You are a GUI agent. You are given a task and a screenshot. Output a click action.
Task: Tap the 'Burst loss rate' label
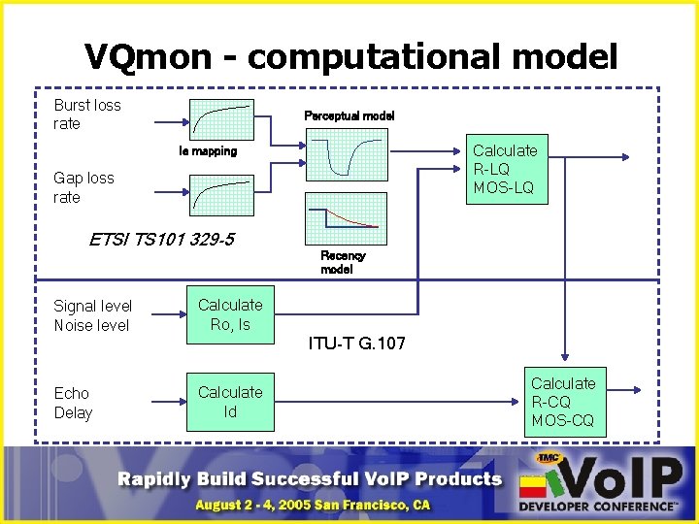87,115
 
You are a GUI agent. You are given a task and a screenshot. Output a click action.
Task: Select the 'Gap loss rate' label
83,187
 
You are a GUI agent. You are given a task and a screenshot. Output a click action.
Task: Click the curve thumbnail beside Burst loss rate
220,121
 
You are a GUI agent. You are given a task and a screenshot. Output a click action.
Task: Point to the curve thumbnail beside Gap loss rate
220,195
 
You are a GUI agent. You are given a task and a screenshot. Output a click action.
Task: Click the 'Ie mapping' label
208,151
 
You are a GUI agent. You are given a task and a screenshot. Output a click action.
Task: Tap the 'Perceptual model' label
349,115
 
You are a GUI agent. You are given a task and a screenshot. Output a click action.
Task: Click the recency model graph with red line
346,218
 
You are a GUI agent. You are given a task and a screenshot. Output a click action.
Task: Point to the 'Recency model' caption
343,262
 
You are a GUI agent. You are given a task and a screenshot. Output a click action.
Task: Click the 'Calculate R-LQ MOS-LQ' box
505,169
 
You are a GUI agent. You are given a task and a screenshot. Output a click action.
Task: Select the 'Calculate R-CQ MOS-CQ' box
563,402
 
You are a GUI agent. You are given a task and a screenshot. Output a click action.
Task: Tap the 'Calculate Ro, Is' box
230,314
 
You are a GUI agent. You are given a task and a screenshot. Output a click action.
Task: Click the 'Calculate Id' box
230,402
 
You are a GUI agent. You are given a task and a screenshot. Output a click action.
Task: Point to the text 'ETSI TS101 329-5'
161,240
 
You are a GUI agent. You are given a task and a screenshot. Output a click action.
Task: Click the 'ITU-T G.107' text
356,343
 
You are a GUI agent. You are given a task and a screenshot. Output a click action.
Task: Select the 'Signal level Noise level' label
92,315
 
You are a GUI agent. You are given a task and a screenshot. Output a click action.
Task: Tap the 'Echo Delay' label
73,403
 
